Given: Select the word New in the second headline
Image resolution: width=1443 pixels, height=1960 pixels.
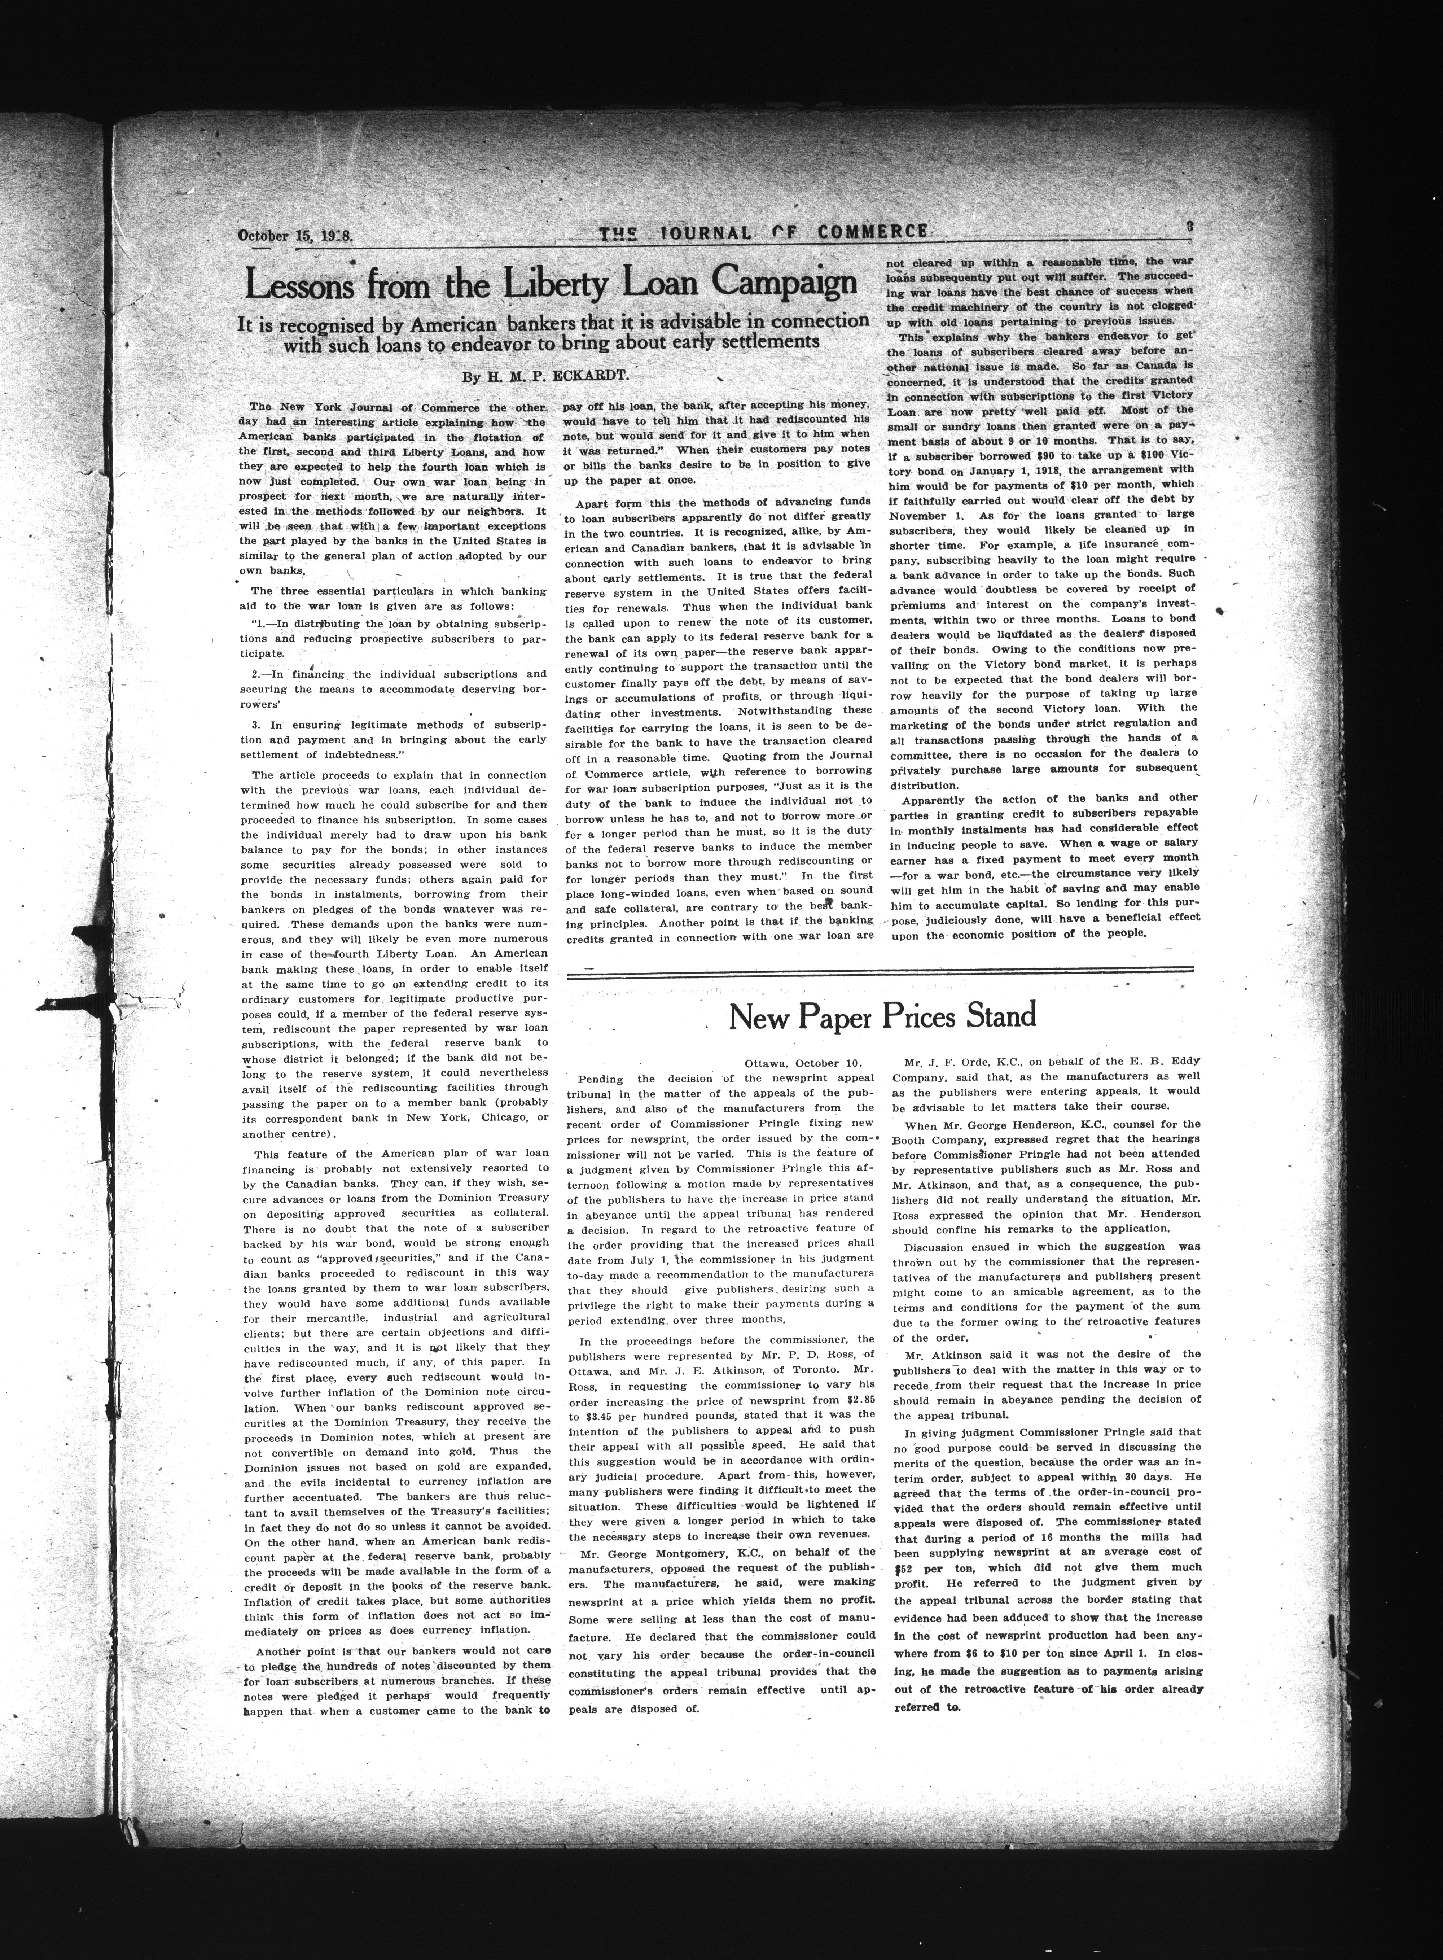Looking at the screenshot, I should (759, 1015).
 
